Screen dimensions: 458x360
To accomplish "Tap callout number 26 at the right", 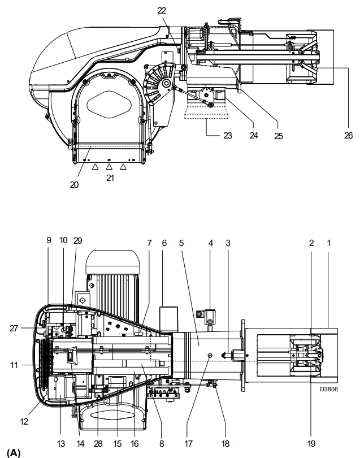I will [348, 136].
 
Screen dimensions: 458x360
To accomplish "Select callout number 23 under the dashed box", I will [228, 136].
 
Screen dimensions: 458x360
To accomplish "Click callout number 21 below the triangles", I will [110, 178].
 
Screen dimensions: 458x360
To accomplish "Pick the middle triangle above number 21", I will [109, 166].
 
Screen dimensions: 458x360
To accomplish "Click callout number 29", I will [77, 240].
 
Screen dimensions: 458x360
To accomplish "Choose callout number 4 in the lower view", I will [211, 243].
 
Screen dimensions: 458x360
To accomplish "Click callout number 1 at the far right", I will [329, 243].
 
